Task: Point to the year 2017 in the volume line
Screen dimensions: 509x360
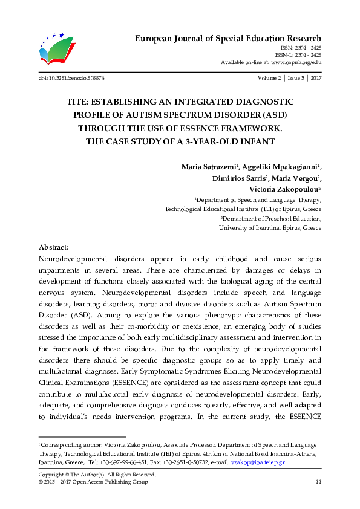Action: pyautogui.click(x=315, y=79)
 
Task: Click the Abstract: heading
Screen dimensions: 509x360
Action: pyautogui.click(x=53, y=247)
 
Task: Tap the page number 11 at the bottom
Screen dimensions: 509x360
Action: pyautogui.click(x=318, y=482)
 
